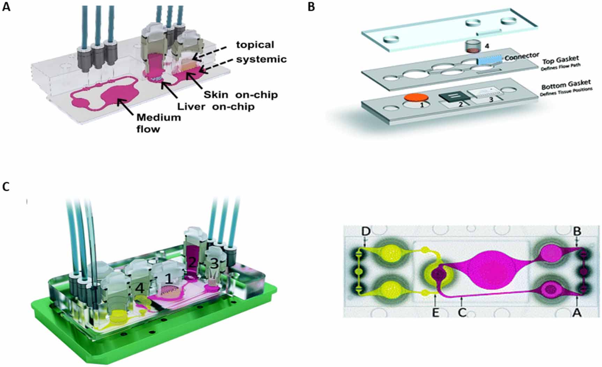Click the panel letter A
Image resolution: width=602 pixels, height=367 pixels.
tap(6, 7)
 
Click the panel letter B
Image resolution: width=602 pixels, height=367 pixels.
tap(311, 7)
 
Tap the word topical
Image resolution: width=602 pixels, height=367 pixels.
tap(255, 45)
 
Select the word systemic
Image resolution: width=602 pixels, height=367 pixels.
tap(261, 59)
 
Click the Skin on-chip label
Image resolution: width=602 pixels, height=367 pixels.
tap(241, 95)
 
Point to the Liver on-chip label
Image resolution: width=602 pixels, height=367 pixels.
tap(216, 106)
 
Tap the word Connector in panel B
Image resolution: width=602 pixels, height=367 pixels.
tap(522, 57)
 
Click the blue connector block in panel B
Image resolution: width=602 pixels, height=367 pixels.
tap(489, 60)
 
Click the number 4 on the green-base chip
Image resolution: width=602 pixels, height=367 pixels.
tap(140, 288)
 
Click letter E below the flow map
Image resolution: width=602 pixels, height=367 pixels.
tap(436, 313)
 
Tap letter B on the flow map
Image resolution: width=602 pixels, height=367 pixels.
tap(577, 231)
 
